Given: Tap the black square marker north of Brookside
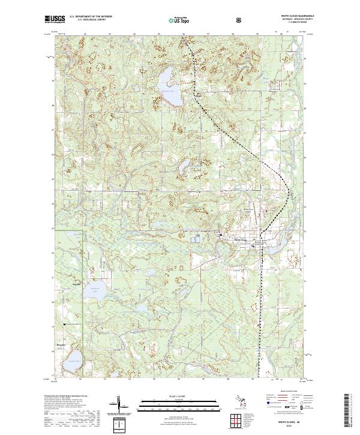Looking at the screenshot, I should (x=65, y=324).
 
